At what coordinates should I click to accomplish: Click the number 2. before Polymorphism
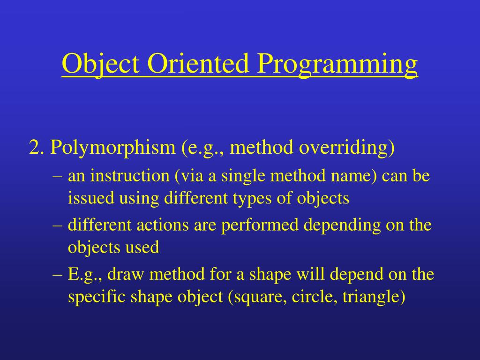pyautogui.click(x=37, y=147)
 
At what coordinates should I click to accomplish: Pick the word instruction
pyautogui.click(x=130, y=176)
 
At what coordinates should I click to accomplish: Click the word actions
pyautogui.click(x=162, y=225)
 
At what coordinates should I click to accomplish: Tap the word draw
pyautogui.click(x=126, y=274)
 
